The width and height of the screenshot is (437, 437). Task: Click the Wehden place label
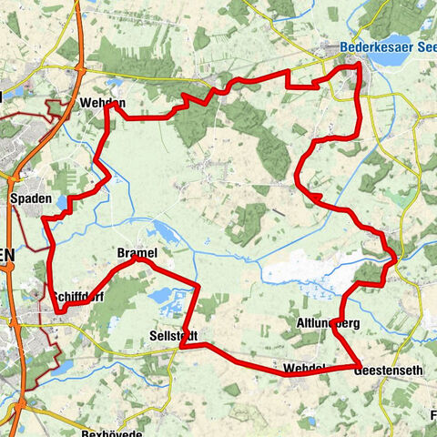102,104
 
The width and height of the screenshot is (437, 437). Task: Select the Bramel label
137,252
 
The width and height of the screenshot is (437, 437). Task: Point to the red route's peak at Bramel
137,259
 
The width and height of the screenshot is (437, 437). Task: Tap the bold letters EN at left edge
7,257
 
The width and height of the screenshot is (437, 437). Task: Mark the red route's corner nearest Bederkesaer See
359,65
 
